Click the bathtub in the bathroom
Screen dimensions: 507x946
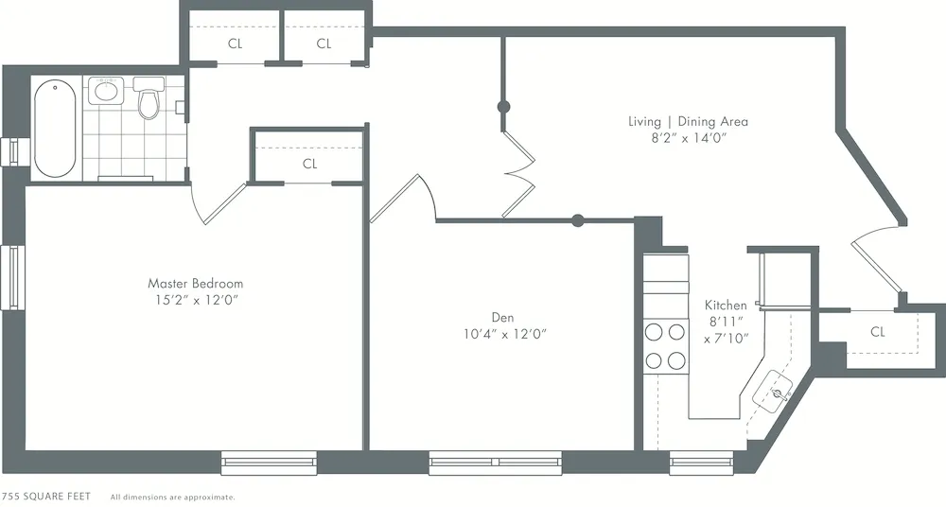(55, 130)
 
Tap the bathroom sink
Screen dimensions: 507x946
(106, 93)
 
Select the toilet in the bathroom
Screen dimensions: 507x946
(148, 100)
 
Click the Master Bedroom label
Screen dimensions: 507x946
(195, 283)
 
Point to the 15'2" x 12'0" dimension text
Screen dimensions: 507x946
(195, 300)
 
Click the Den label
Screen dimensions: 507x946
(502, 317)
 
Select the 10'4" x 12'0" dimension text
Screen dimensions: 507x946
(505, 334)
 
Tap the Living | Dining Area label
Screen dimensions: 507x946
(688, 121)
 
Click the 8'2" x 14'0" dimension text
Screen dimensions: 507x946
(688, 138)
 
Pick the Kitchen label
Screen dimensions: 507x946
(726, 306)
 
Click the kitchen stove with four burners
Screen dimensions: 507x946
(665, 346)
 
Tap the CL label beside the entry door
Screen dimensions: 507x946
(878, 332)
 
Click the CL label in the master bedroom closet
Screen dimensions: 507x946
(309, 164)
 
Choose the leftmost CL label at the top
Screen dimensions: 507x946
(235, 44)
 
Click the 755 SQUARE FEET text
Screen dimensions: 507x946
(47, 497)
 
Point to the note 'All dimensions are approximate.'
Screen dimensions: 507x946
(172, 497)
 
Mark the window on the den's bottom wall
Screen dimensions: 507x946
(496, 463)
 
